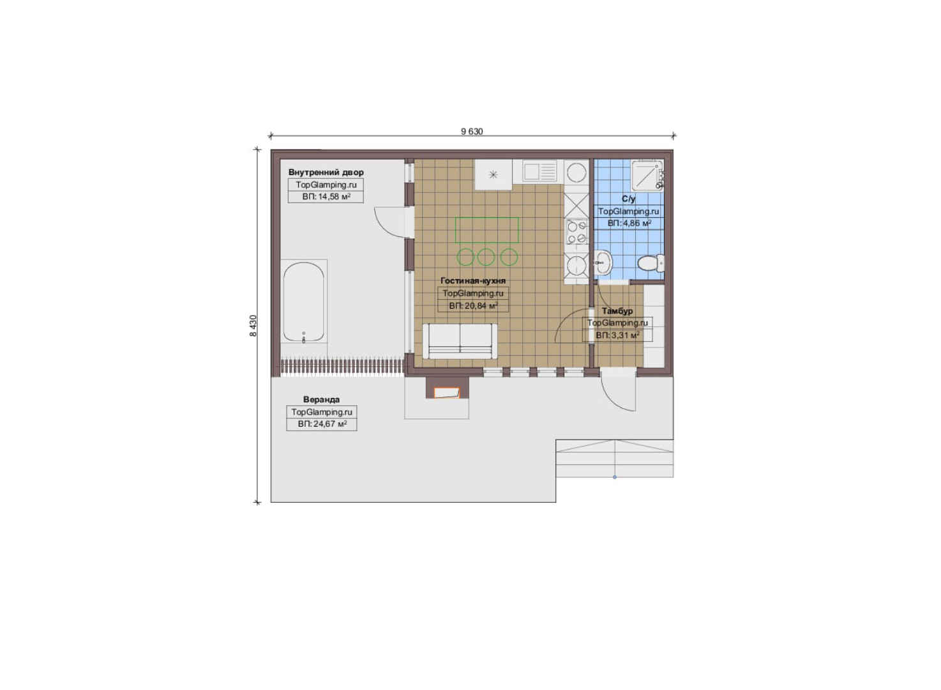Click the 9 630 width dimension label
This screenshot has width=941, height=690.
tap(472, 131)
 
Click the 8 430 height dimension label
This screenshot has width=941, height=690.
tap(253, 326)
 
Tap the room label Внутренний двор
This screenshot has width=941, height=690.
tap(326, 172)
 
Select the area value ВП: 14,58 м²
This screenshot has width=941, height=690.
tap(326, 197)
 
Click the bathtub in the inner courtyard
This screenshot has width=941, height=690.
tap(303, 302)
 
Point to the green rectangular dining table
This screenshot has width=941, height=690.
tap(487, 230)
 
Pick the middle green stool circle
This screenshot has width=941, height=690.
tap(486, 256)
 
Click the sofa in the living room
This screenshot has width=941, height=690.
tap(460, 341)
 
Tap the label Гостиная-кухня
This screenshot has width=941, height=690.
tap(473, 280)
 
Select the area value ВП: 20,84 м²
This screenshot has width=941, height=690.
tap(473, 305)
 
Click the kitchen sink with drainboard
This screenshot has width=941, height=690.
tap(540, 172)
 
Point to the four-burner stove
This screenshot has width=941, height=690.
tap(576, 232)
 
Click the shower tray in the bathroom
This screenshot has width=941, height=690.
tap(647, 175)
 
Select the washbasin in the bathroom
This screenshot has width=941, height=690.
tap(603, 263)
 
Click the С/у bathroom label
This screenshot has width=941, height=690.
tap(628, 199)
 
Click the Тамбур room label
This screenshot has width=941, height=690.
tap(617, 310)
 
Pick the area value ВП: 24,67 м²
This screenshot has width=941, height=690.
tap(322, 424)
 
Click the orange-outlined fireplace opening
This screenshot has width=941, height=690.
tap(446, 393)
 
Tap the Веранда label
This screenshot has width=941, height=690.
tap(321, 399)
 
